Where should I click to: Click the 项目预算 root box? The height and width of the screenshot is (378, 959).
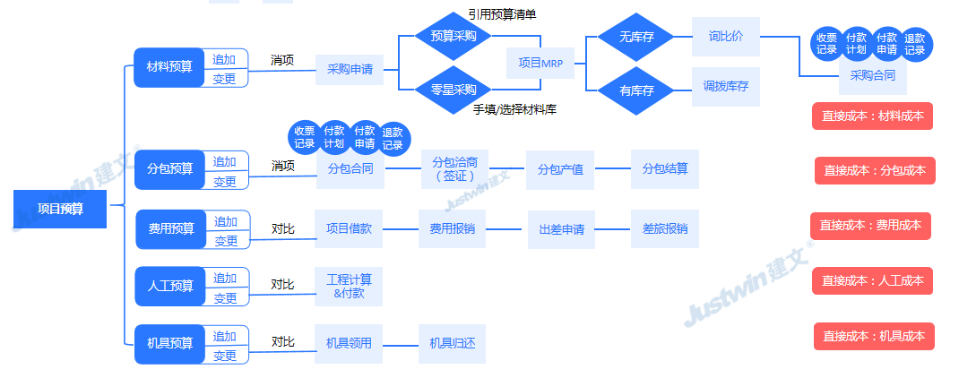[x=61, y=209]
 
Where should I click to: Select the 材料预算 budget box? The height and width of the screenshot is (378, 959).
[x=169, y=67]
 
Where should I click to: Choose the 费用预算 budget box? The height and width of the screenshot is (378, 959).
[x=171, y=229]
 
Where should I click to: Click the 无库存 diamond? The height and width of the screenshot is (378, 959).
[x=636, y=38]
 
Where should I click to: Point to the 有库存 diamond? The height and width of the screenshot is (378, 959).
[x=636, y=90]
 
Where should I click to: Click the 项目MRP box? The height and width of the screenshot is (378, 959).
[x=540, y=63]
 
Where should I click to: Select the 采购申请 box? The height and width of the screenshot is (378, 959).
[x=350, y=69]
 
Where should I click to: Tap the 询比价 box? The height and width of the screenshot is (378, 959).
[x=726, y=38]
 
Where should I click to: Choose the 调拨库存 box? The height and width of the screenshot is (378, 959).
[x=726, y=87]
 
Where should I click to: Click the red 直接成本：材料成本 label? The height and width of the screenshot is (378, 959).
[x=872, y=116]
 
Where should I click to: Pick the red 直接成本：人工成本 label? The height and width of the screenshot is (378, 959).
[x=872, y=280]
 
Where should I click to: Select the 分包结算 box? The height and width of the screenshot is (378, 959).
[x=664, y=168]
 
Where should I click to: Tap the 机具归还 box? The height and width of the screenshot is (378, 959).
[x=452, y=343]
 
